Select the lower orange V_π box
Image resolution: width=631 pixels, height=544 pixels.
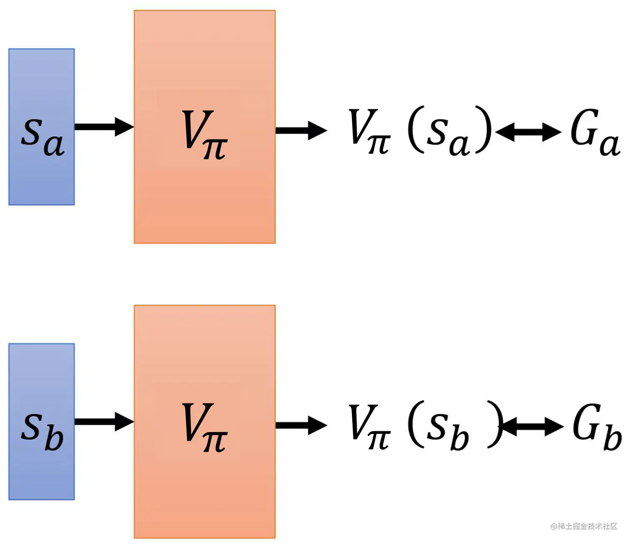pos(204,493)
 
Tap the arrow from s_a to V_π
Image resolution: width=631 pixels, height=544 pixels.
pos(104,127)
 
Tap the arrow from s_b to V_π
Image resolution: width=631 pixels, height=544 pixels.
pos(104,421)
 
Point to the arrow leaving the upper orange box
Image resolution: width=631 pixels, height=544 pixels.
pos(300,130)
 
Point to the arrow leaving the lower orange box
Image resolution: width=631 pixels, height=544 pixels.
pos(300,425)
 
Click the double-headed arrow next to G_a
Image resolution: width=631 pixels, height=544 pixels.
pos(528,132)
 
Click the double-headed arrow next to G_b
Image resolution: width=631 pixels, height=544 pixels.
pos(533,427)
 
